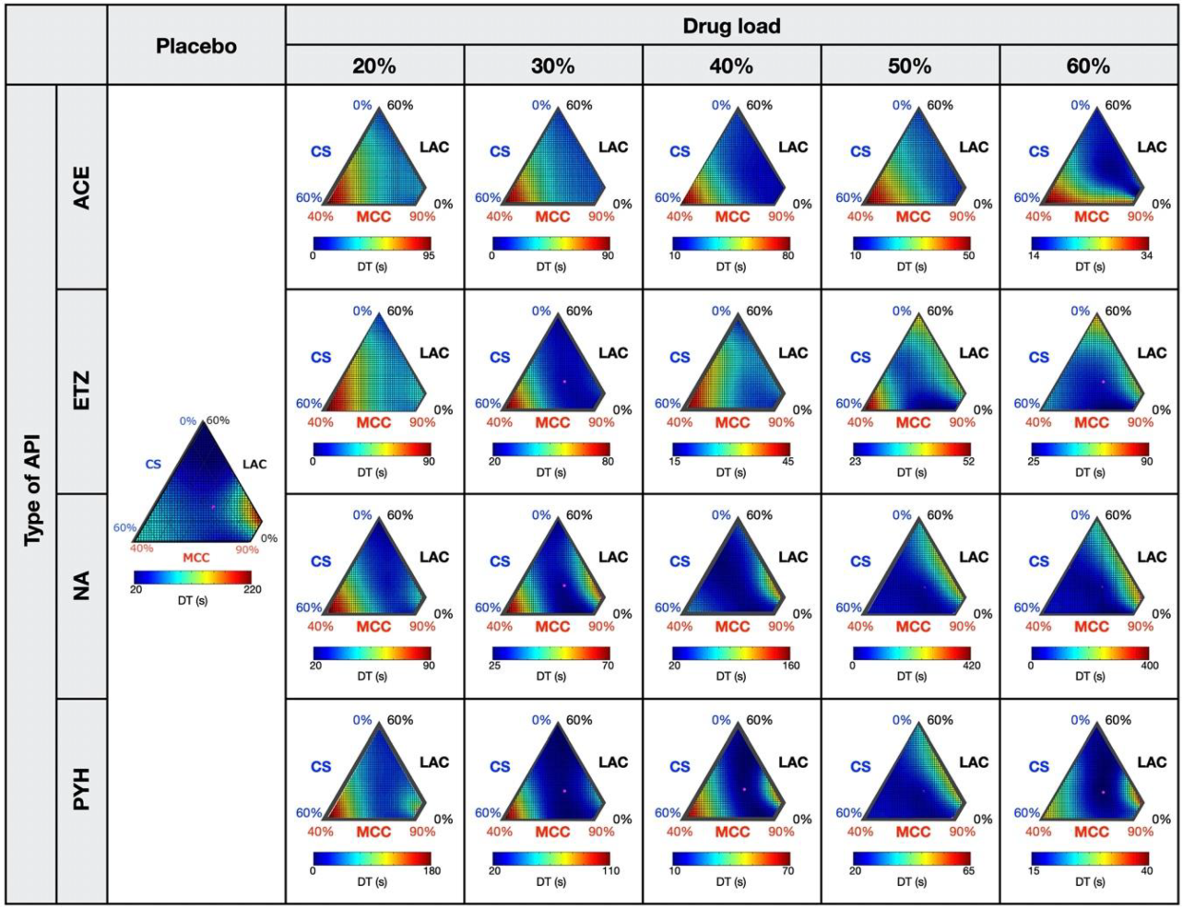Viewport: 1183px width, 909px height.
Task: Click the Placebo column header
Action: [195, 45]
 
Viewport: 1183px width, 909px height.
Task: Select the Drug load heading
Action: [731, 26]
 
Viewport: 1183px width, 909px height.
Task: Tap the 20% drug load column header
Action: [374, 65]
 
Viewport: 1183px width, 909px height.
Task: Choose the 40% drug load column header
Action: [731, 65]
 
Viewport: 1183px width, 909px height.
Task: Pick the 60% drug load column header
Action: [1088, 65]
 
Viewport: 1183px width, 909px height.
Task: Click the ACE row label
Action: [82, 187]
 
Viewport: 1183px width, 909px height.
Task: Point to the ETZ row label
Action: [82, 392]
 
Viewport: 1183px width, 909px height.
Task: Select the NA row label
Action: [82, 586]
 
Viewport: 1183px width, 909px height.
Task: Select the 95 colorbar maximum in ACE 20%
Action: [428, 256]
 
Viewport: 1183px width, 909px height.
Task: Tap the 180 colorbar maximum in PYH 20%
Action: [431, 871]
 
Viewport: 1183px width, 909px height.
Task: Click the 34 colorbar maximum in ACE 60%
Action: [1146, 256]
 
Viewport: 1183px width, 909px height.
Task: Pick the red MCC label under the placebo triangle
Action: [195, 558]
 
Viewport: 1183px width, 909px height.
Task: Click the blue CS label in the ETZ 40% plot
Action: [680, 358]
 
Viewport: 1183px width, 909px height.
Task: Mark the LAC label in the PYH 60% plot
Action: [1151, 762]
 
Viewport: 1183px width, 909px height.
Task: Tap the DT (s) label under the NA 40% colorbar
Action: [731, 677]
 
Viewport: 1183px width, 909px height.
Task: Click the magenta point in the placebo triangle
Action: [213, 506]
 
